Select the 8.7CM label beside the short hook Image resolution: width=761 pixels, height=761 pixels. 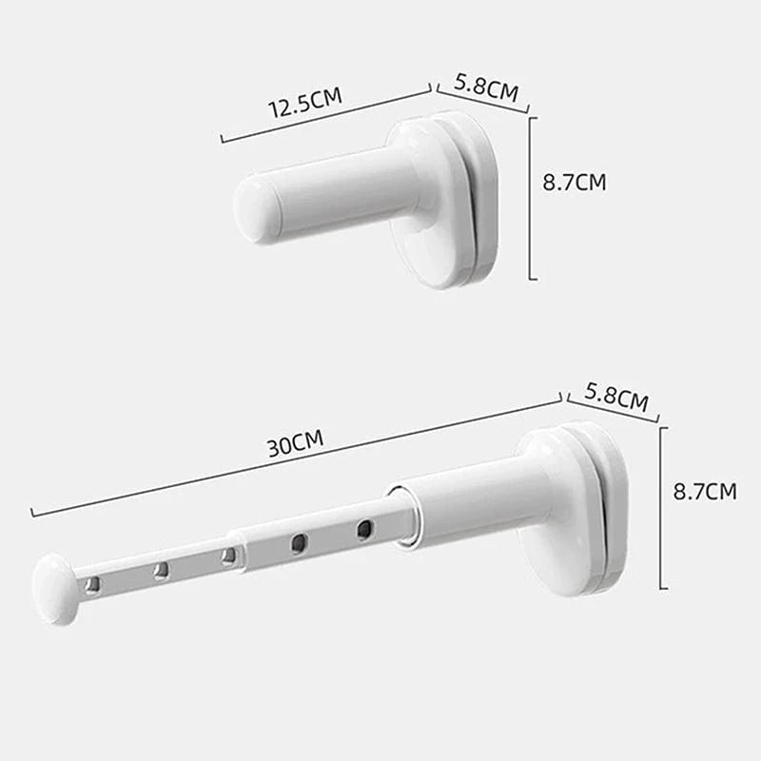(574, 183)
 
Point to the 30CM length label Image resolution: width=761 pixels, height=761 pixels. (295, 442)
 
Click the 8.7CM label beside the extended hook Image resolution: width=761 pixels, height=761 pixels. (704, 492)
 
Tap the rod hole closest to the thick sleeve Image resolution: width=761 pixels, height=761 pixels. (364, 529)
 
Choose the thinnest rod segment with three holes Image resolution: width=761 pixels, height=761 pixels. (162, 571)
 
